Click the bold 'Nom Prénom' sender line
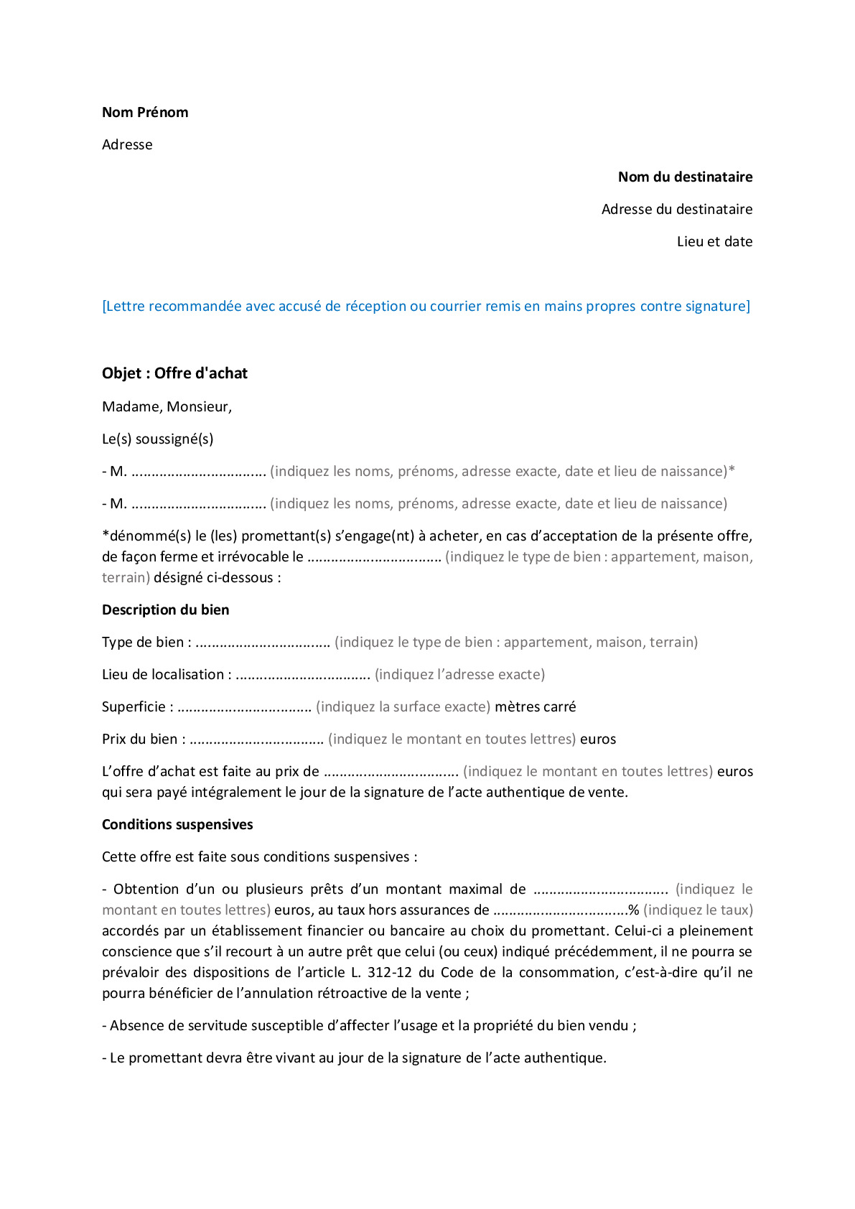pyautogui.click(x=145, y=113)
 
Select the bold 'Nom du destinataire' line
pyautogui.click(x=685, y=177)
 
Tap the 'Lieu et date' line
pyautogui.click(x=714, y=242)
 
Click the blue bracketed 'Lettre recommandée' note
pyautogui.click(x=426, y=307)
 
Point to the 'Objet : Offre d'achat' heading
pyautogui.click(x=174, y=373)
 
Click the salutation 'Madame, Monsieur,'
pyautogui.click(x=167, y=407)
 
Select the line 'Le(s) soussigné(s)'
pyautogui.click(x=157, y=439)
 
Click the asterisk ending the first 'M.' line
pyautogui.click(x=732, y=471)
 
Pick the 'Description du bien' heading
pyautogui.click(x=165, y=610)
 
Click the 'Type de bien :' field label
pyautogui.click(x=146, y=643)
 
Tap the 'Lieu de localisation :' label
pyautogui.click(x=167, y=675)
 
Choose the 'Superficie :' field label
pyautogui.click(x=137, y=707)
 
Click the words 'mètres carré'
pyautogui.click(x=535, y=707)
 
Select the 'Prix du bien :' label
pyautogui.click(x=144, y=739)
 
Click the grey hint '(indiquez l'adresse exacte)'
pyautogui.click(x=459, y=675)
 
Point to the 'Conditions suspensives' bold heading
pyautogui.click(x=177, y=825)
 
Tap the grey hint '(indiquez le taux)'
pyautogui.click(x=698, y=910)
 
